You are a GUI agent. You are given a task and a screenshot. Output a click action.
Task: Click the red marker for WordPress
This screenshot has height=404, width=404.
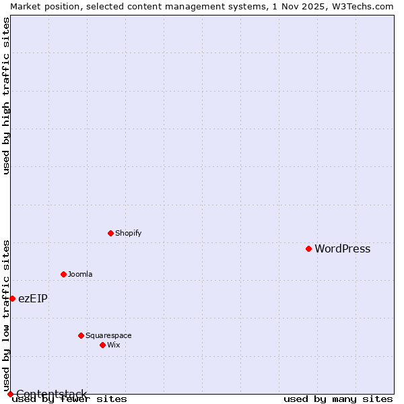click(x=308, y=248)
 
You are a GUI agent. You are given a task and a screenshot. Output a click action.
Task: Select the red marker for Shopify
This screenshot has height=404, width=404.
click(x=110, y=233)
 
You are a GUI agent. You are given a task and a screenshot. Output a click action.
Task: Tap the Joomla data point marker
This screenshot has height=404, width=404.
click(x=63, y=274)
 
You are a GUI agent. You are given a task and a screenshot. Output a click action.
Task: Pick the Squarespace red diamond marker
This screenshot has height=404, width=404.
click(x=81, y=335)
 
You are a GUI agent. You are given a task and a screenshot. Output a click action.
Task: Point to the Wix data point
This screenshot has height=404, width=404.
click(x=102, y=345)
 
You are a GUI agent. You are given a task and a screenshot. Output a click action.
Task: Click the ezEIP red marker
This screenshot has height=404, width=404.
click(x=12, y=298)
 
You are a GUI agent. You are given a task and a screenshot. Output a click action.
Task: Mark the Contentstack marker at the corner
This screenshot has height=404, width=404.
click(x=10, y=394)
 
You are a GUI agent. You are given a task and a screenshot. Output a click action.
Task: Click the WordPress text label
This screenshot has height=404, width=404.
click(x=342, y=249)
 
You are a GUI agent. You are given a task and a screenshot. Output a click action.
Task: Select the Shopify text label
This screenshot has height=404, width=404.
click(x=128, y=234)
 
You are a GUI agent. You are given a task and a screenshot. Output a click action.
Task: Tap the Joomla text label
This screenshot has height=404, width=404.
click(x=80, y=275)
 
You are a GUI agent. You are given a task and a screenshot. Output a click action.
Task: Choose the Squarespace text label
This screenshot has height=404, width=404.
click(x=108, y=336)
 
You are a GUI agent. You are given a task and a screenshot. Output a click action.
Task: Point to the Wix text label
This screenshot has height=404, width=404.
click(x=113, y=345)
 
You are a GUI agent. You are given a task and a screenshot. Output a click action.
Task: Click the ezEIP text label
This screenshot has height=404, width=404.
click(x=32, y=299)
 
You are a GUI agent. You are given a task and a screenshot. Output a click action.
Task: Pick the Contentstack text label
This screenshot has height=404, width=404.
click(x=51, y=394)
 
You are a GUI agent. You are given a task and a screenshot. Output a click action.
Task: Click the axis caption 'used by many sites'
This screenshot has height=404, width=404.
click(x=338, y=399)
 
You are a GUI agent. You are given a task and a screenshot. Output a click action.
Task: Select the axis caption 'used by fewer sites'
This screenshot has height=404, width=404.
click(x=70, y=399)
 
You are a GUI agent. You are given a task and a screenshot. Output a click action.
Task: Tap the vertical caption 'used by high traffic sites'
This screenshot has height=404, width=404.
click(x=6, y=96)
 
